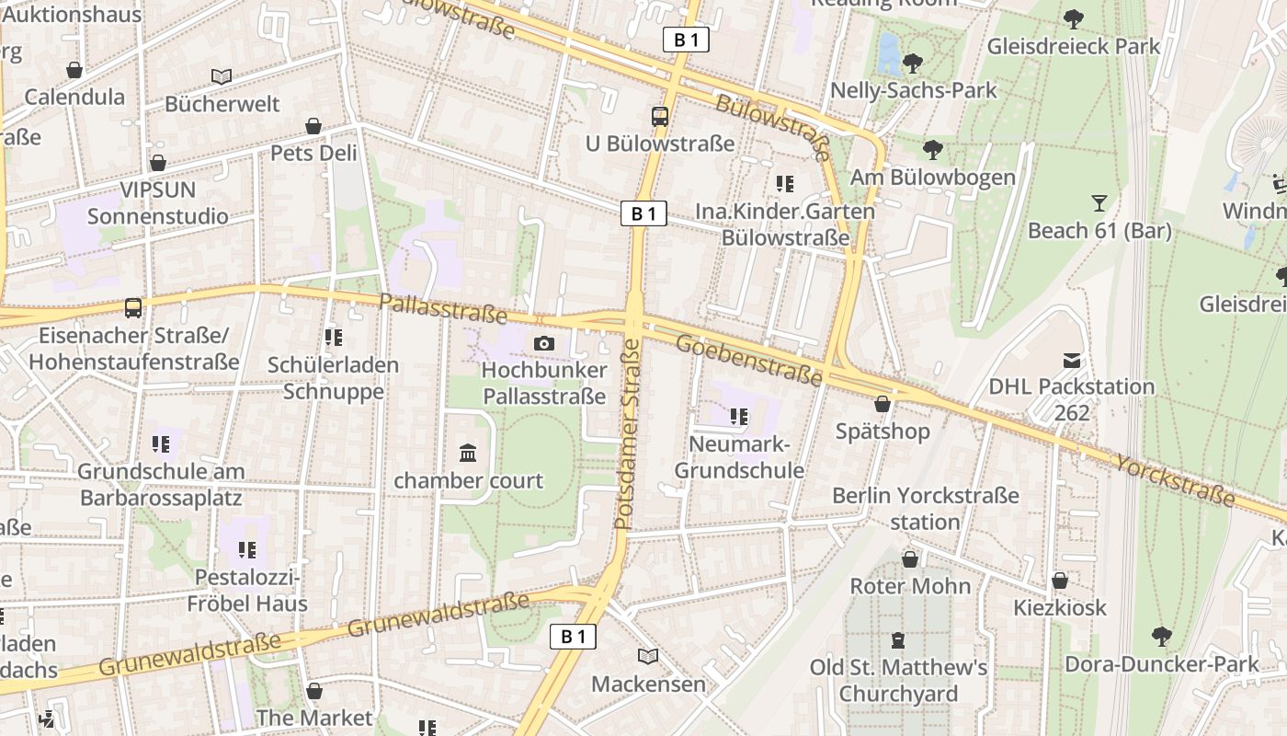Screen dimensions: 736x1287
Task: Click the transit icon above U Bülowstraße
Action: [x=660, y=116]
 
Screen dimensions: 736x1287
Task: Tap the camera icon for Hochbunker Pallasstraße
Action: [x=544, y=343]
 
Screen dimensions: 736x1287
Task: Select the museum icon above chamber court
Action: [x=468, y=453]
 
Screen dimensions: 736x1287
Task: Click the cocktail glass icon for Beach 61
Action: [x=1099, y=202]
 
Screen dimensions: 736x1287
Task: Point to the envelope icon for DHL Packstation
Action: [x=1071, y=360]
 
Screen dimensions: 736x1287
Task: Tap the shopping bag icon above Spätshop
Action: [x=883, y=404]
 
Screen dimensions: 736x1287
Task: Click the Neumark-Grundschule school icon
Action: [x=739, y=417]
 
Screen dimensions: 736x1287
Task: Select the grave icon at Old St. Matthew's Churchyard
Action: [x=898, y=639]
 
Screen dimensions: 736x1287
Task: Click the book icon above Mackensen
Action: [x=648, y=656]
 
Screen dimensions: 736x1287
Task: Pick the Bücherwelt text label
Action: [x=222, y=104]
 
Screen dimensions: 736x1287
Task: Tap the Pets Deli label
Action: [x=313, y=153]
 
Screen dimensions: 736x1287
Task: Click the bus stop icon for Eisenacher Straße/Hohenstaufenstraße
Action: [x=133, y=307]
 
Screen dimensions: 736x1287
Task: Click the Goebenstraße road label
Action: [x=748, y=360]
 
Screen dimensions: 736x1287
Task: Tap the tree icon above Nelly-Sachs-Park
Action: [x=913, y=63]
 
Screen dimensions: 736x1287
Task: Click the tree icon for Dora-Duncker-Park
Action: [x=1162, y=636]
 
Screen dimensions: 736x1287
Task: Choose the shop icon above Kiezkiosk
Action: [x=1060, y=581]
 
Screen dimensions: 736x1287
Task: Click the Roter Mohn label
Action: [x=910, y=586]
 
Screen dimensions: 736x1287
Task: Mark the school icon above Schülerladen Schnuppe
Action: [x=334, y=338]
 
